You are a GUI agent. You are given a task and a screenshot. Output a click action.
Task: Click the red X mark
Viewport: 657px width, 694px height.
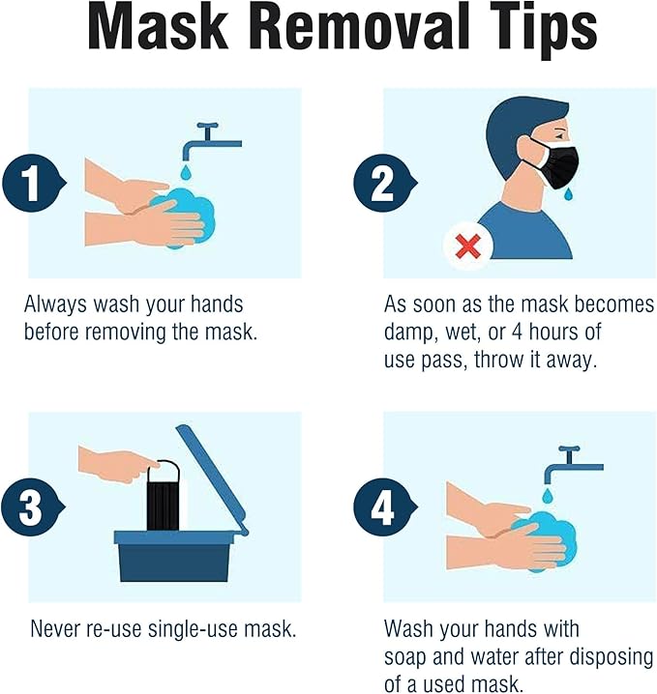467,247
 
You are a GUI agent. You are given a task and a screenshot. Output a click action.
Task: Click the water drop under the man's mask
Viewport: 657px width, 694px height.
568,193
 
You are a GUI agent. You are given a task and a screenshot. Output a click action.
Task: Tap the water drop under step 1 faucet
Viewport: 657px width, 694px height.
186,172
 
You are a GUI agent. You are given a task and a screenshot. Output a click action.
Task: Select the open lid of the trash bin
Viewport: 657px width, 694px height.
212,478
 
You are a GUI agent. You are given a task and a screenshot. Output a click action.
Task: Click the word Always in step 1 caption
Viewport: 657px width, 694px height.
55,304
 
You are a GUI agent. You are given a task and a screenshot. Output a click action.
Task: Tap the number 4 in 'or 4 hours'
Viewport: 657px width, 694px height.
517,332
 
